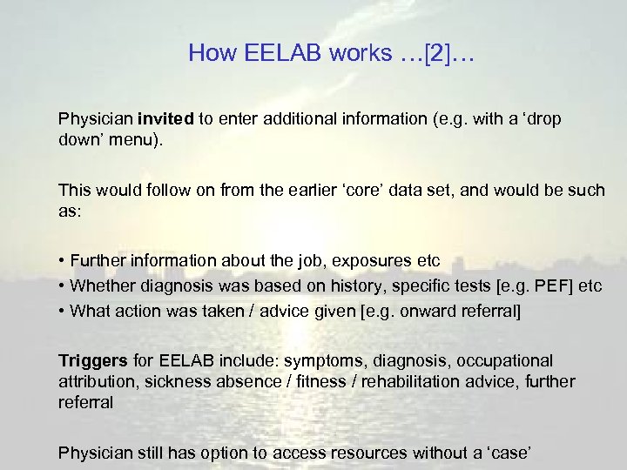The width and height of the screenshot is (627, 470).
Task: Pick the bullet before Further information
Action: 62,261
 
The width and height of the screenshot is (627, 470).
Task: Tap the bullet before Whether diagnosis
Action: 62,286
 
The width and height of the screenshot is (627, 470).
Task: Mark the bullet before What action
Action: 62,311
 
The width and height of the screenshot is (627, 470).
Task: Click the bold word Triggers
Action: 89,360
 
